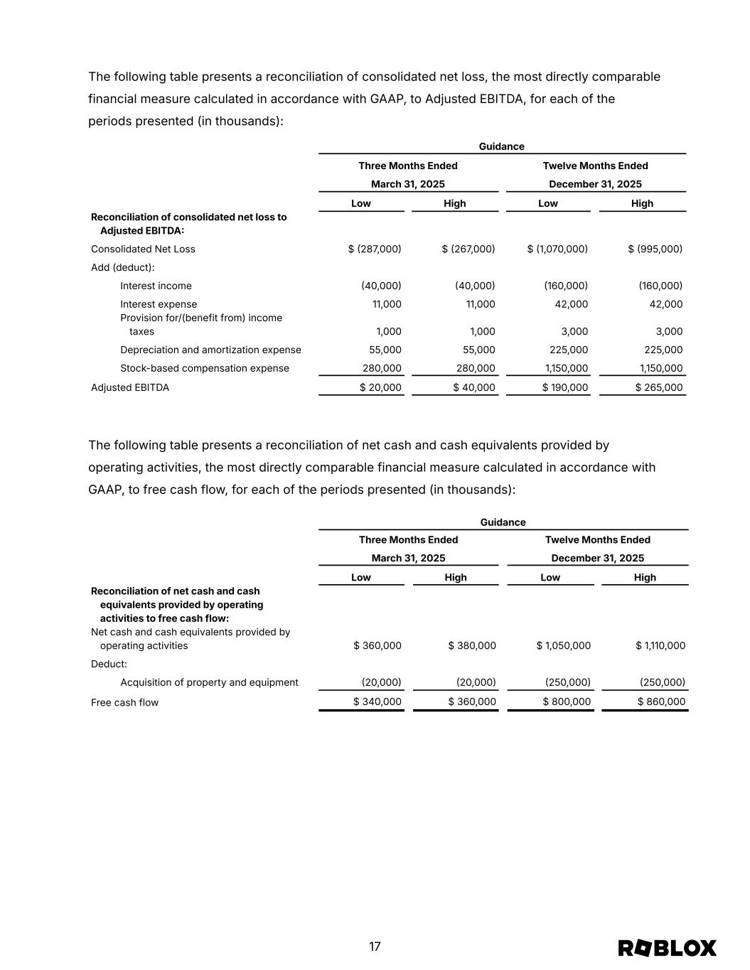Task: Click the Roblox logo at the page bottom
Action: point(667,948)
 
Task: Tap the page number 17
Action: point(375,947)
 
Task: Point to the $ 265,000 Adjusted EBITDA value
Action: point(659,387)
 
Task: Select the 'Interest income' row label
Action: point(156,286)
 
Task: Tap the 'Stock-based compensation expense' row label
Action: point(205,368)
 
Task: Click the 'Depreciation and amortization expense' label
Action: point(210,350)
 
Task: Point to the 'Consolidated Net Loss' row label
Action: point(143,249)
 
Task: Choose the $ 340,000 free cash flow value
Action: point(377,702)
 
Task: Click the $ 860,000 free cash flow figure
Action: point(661,702)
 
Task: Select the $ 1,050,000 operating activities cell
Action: point(564,645)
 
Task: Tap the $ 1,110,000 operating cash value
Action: point(661,645)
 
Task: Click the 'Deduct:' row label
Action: point(109,664)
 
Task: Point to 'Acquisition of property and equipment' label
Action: point(209,682)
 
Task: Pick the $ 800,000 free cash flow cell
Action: point(567,702)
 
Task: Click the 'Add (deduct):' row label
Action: point(122,267)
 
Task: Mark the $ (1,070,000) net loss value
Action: point(557,249)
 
